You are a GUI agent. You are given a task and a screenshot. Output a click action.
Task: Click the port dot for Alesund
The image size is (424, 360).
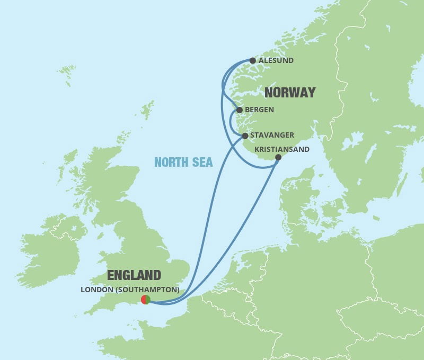(253, 61)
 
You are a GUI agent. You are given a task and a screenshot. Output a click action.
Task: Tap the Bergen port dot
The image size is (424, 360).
(239, 110)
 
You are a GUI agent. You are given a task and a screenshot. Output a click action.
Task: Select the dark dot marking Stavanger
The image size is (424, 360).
(245, 136)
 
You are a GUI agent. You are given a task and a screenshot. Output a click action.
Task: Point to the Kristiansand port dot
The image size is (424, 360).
(278, 157)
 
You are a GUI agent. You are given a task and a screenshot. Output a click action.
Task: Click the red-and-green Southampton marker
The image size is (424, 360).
(145, 300)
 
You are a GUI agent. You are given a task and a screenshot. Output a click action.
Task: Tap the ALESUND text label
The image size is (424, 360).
(276, 61)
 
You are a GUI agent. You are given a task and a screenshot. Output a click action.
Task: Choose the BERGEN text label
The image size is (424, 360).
(260, 110)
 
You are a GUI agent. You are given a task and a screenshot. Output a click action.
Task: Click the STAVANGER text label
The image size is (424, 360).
(272, 136)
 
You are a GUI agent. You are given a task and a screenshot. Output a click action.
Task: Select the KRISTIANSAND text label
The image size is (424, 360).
(282, 150)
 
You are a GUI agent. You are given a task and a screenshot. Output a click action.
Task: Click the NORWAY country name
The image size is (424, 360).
(290, 93)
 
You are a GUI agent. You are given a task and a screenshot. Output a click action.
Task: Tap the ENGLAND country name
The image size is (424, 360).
(134, 275)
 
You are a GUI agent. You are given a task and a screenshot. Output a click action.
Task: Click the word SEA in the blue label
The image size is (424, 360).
(203, 163)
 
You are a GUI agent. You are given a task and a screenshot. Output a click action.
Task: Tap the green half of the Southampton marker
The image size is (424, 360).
(148, 300)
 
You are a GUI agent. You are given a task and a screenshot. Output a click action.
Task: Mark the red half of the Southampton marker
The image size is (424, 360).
(143, 300)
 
